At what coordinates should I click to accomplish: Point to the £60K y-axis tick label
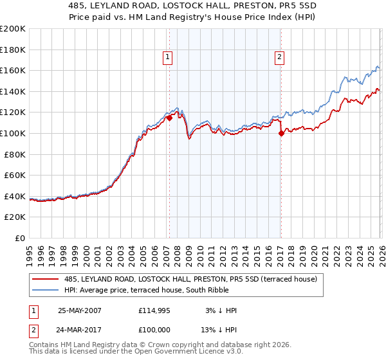pyautogui.click(x=15, y=175)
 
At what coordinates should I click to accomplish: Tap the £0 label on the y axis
pyautogui.click(x=21, y=238)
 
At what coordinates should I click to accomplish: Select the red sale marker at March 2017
pyautogui.click(x=281, y=134)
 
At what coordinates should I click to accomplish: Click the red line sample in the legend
pyautogui.click(x=46, y=280)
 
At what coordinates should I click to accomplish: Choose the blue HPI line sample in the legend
pyautogui.click(x=46, y=291)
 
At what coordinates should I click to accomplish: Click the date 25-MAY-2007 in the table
pyautogui.click(x=80, y=310)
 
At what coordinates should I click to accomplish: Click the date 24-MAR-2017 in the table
pyautogui.click(x=80, y=330)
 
